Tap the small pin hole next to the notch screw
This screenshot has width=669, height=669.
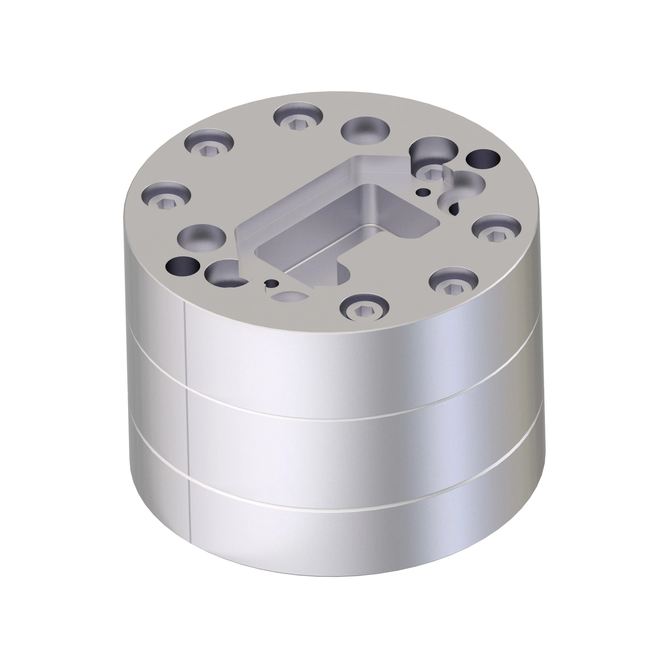(x=423, y=191)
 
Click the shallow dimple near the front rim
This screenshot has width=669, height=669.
(x=290, y=296)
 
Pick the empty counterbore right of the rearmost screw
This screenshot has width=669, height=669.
(x=365, y=130)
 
